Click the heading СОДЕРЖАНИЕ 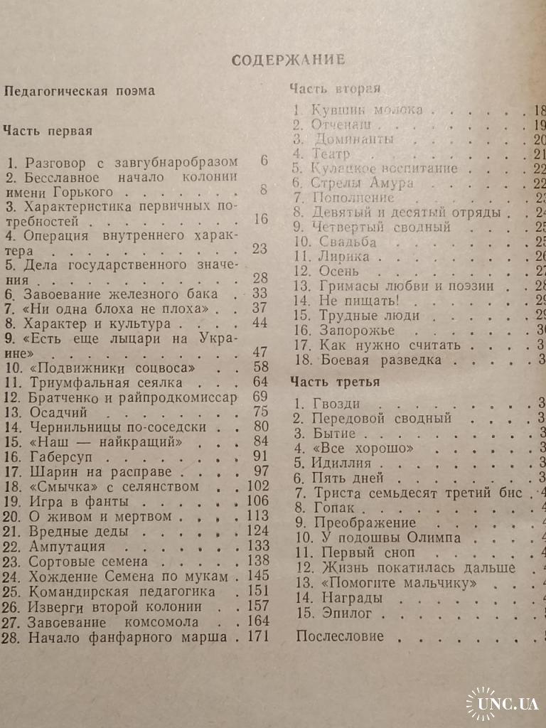[288, 60]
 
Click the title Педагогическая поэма [79, 91]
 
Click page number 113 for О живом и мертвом [255, 515]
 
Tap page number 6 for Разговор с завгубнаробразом [263, 161]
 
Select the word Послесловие [339, 636]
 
